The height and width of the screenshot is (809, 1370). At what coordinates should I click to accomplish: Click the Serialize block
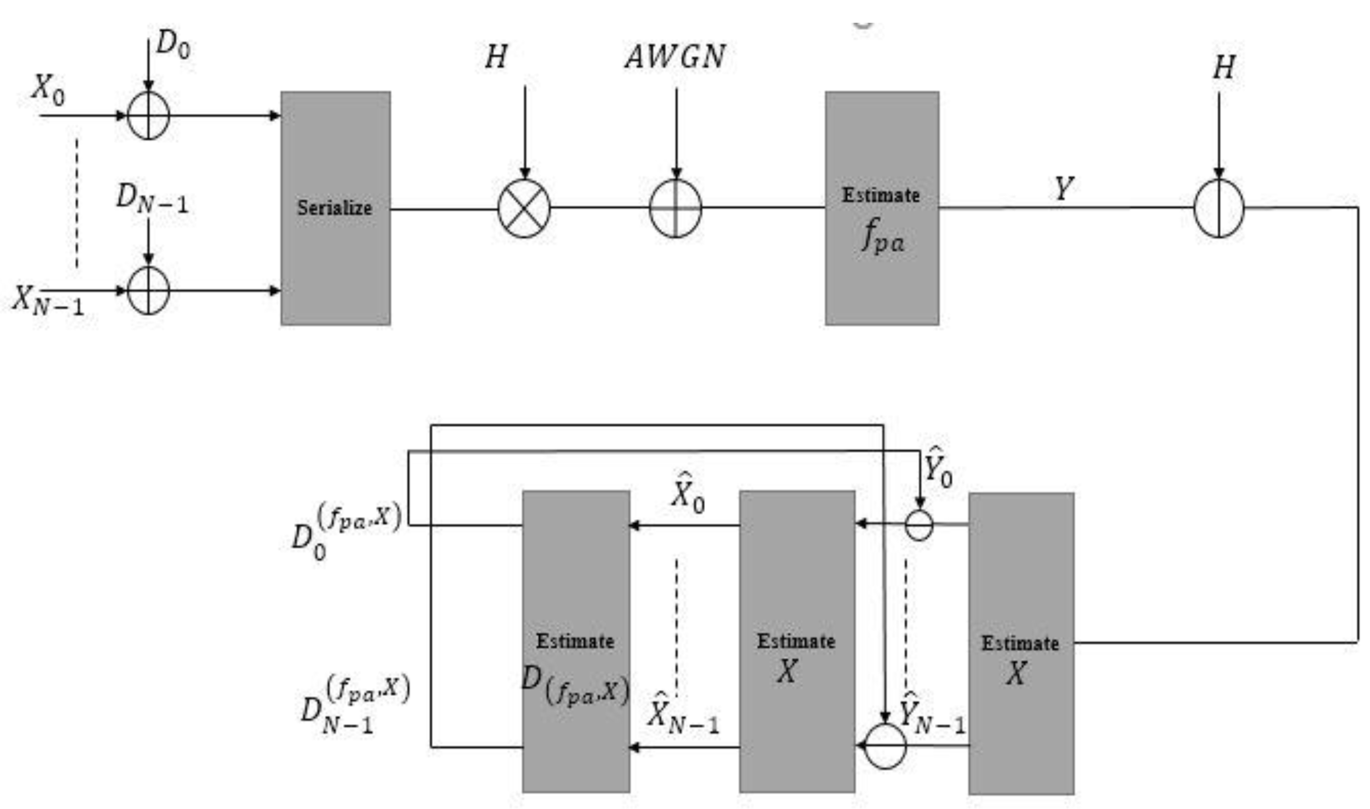(335, 208)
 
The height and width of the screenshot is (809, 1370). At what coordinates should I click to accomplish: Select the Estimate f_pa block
(882, 208)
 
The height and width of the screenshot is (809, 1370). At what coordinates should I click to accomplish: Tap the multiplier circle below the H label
(524, 208)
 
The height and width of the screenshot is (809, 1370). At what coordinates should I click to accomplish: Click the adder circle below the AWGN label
(676, 208)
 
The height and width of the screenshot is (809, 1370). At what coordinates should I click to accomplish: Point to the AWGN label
(676, 56)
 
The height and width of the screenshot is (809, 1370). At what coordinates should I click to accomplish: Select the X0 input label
(48, 89)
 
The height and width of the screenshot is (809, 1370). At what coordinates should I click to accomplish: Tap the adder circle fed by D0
(148, 116)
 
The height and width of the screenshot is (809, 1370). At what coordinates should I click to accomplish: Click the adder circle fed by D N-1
(148, 290)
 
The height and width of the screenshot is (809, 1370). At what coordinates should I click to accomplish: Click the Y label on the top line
(1063, 188)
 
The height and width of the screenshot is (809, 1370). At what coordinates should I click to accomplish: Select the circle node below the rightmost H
(1219, 208)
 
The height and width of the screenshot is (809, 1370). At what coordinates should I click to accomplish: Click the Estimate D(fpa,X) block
(576, 641)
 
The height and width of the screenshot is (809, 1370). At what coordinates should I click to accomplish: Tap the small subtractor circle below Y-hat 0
(919, 525)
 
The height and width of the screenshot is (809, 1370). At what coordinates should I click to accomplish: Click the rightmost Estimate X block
(1021, 643)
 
